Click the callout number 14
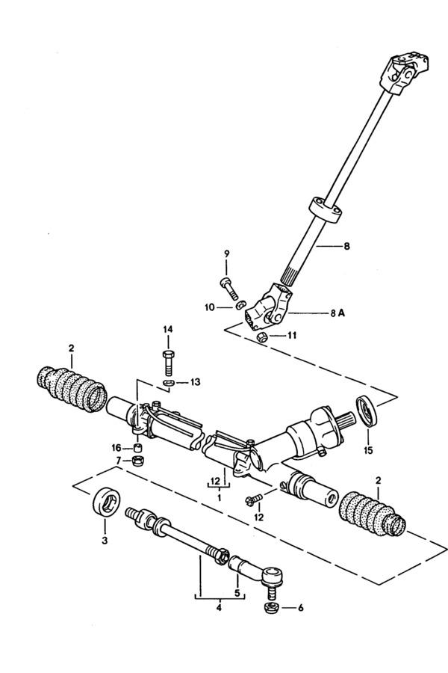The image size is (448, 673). [x=167, y=329]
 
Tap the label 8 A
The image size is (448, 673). [x=337, y=313]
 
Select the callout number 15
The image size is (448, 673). [x=369, y=450]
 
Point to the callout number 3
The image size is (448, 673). [x=105, y=541]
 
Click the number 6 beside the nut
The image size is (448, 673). [x=300, y=608]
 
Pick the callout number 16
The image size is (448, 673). [x=116, y=448]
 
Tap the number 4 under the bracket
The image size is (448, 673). [x=219, y=608]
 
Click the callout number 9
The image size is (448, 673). [x=227, y=253]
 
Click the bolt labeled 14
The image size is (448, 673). [x=168, y=363]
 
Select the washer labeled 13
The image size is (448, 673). [x=169, y=382]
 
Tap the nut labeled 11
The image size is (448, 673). [x=263, y=337]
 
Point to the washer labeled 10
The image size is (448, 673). [x=240, y=306]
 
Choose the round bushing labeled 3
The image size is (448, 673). [x=106, y=501]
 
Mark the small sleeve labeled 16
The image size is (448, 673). [x=137, y=449]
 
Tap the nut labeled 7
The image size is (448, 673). [x=137, y=461]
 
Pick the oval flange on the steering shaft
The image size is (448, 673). [x=326, y=209]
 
